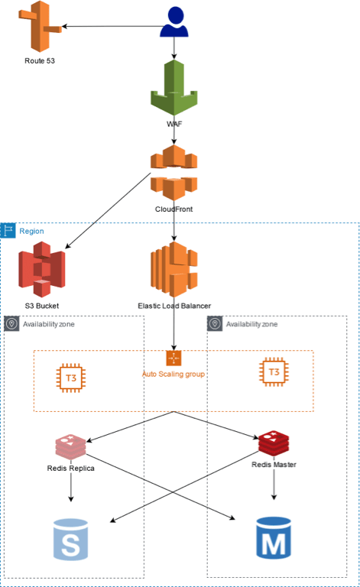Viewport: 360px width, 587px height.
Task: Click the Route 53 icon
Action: point(40,26)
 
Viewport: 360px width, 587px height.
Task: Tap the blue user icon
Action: point(174,21)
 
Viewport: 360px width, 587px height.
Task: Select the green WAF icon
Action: point(174,88)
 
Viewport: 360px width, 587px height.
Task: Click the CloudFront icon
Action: point(174,173)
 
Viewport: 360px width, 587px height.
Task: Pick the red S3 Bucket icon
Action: point(42,269)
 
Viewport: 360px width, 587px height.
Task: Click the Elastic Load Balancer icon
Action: point(174,269)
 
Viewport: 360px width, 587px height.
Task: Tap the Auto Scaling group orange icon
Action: point(174,358)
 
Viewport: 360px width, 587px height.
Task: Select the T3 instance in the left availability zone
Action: point(71,378)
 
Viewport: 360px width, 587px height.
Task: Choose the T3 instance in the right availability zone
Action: point(274,371)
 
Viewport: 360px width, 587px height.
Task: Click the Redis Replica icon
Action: point(71,447)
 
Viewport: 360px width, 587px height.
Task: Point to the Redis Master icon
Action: point(274,443)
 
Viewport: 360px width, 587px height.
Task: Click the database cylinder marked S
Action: point(71,540)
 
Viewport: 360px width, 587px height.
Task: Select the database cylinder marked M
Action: point(274,537)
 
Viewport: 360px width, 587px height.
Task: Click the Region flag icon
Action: point(8,231)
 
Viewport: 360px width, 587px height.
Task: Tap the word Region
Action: point(31,231)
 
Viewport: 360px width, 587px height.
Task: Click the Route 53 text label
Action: point(40,60)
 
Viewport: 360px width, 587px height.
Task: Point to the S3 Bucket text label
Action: point(42,306)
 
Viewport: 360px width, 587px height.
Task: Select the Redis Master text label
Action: point(274,465)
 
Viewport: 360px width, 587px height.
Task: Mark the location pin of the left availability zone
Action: point(11,323)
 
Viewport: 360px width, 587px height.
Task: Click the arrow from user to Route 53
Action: point(112,26)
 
